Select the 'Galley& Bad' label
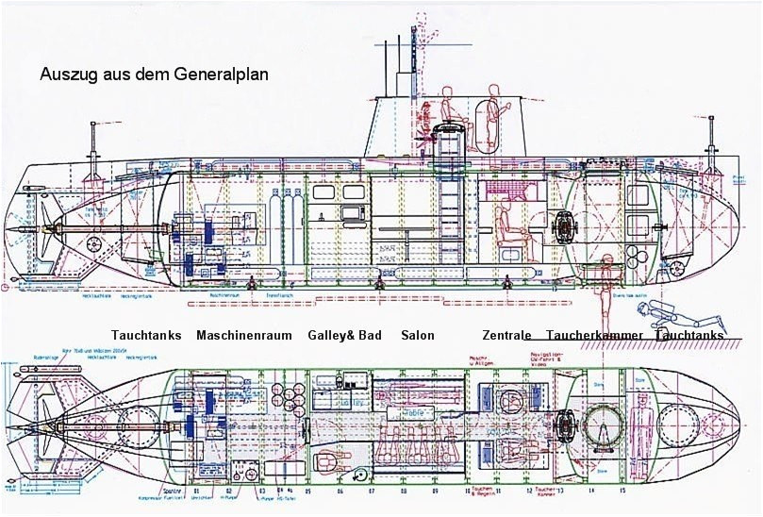pos(344,336)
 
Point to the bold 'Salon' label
pos(418,336)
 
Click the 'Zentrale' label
pos(506,336)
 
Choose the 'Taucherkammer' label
pos(594,336)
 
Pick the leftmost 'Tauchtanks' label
pos(146,336)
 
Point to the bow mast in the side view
pos(711,146)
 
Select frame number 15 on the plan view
pos(622,492)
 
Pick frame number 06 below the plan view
pos(340,492)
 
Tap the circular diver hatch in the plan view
pos(604,425)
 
